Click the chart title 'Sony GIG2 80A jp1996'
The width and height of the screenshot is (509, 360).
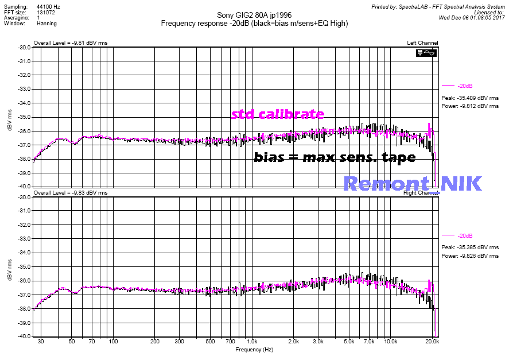(254, 16)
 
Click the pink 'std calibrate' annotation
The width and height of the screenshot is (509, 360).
(278, 114)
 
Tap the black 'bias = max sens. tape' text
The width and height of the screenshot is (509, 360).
(335, 157)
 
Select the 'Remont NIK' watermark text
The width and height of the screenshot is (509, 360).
(412, 183)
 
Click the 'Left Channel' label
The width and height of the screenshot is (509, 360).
(422, 43)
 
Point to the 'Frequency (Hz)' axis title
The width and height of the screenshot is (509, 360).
(254, 349)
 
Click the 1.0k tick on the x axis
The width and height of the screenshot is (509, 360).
(250, 341)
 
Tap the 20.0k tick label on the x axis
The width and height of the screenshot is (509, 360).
(432, 341)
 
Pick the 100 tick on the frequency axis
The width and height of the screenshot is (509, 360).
(113, 341)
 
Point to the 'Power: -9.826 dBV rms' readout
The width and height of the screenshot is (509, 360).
(470, 256)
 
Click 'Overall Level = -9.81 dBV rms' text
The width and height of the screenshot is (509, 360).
(70, 43)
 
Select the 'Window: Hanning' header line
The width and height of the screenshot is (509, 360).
(30, 24)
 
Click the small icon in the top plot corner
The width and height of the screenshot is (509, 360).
(428, 53)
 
